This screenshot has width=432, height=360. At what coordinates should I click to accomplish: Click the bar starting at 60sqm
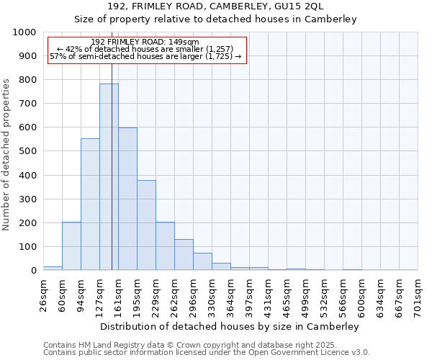pyautogui.click(x=71, y=246)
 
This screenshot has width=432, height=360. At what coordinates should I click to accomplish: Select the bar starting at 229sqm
pyautogui.click(x=165, y=246)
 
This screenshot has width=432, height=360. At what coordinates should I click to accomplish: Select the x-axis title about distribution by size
pyautogui.click(x=229, y=326)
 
